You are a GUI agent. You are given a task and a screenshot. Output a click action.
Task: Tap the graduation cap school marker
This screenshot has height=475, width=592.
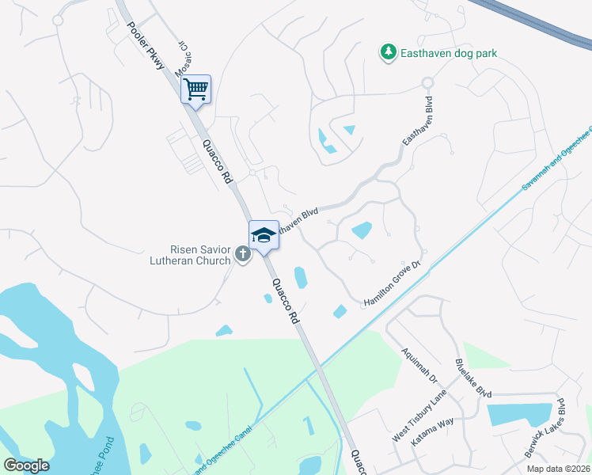264,235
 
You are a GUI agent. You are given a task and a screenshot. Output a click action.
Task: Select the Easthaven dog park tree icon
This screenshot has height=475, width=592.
388,52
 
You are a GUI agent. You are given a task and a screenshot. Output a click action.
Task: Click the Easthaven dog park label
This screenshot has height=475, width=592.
447,53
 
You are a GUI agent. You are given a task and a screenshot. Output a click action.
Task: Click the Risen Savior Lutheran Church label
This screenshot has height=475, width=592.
190,253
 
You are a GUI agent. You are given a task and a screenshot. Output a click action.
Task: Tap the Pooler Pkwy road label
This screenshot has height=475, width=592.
146,45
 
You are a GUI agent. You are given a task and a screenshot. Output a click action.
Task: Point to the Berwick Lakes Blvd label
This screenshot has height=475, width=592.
545,427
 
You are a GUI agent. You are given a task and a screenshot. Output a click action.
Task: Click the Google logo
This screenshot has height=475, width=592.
26,465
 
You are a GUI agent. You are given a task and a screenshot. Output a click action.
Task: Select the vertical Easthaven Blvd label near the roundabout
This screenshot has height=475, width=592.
417,120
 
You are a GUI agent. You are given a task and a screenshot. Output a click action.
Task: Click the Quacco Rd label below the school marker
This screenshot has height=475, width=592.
283,299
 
